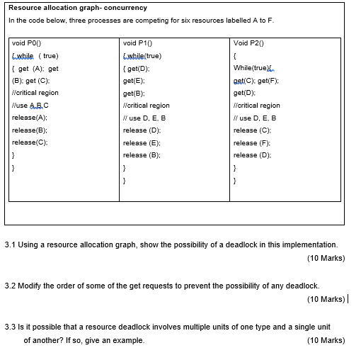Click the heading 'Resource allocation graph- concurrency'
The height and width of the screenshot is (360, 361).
[78, 8]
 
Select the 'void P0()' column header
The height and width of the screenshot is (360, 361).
[27, 44]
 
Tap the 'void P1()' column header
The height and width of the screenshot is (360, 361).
[137, 44]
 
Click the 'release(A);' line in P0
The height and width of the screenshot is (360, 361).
[30, 118]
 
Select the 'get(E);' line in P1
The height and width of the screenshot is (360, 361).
[134, 81]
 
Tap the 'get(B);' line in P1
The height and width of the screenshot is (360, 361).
[134, 93]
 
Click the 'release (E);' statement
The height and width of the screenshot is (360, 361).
[142, 142]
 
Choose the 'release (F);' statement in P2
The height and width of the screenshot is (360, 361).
[252, 142]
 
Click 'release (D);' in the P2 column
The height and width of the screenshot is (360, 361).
[252, 154]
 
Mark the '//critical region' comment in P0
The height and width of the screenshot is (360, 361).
[35, 93]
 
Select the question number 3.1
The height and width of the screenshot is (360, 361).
[10, 244]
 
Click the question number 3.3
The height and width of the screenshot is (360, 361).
[10, 327]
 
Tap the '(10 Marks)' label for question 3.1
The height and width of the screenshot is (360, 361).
[326, 258]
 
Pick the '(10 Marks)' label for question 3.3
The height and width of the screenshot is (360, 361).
[326, 340]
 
